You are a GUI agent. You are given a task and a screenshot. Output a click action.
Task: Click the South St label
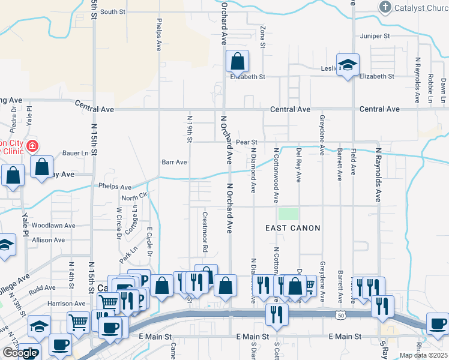click(113, 11)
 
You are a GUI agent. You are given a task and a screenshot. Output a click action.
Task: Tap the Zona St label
click(263, 37)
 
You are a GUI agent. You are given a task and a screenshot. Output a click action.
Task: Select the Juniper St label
click(375, 36)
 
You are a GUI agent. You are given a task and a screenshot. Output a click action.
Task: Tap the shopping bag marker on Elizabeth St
click(238, 61)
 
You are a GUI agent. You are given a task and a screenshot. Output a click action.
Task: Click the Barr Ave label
click(175, 162)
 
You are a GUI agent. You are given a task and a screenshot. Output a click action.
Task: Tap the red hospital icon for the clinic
click(31, 146)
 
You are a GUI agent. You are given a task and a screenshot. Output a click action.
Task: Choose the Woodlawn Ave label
click(53, 226)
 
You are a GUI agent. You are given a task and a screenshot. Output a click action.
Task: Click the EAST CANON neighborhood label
click(293, 228)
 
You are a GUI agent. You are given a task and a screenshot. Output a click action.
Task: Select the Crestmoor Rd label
click(205, 232)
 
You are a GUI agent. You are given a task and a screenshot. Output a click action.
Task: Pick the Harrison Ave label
click(67, 304)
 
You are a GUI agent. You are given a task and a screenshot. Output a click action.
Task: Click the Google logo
click(20, 353)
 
